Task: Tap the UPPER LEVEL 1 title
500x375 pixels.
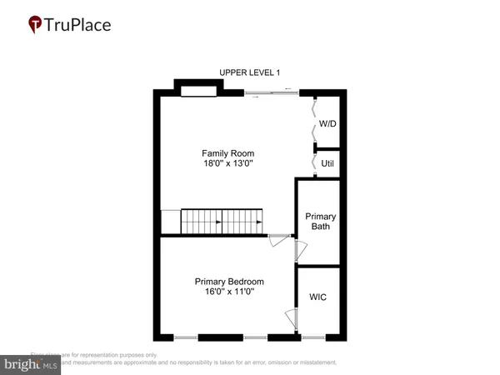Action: (x=250, y=73)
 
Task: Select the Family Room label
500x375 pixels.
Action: (x=227, y=153)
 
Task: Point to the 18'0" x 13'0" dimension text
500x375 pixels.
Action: (x=227, y=164)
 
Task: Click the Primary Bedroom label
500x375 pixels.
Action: (x=229, y=281)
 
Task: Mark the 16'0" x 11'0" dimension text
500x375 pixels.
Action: (x=229, y=292)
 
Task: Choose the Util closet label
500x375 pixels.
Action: (x=328, y=163)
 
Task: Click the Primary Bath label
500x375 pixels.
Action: (x=321, y=221)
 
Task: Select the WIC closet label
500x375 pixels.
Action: (x=319, y=296)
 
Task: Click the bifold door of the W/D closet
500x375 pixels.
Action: (x=314, y=120)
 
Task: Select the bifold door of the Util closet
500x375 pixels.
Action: (x=314, y=162)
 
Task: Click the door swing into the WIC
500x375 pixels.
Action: (x=292, y=317)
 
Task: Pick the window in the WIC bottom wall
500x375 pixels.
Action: (x=313, y=337)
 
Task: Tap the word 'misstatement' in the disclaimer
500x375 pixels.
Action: (x=314, y=362)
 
